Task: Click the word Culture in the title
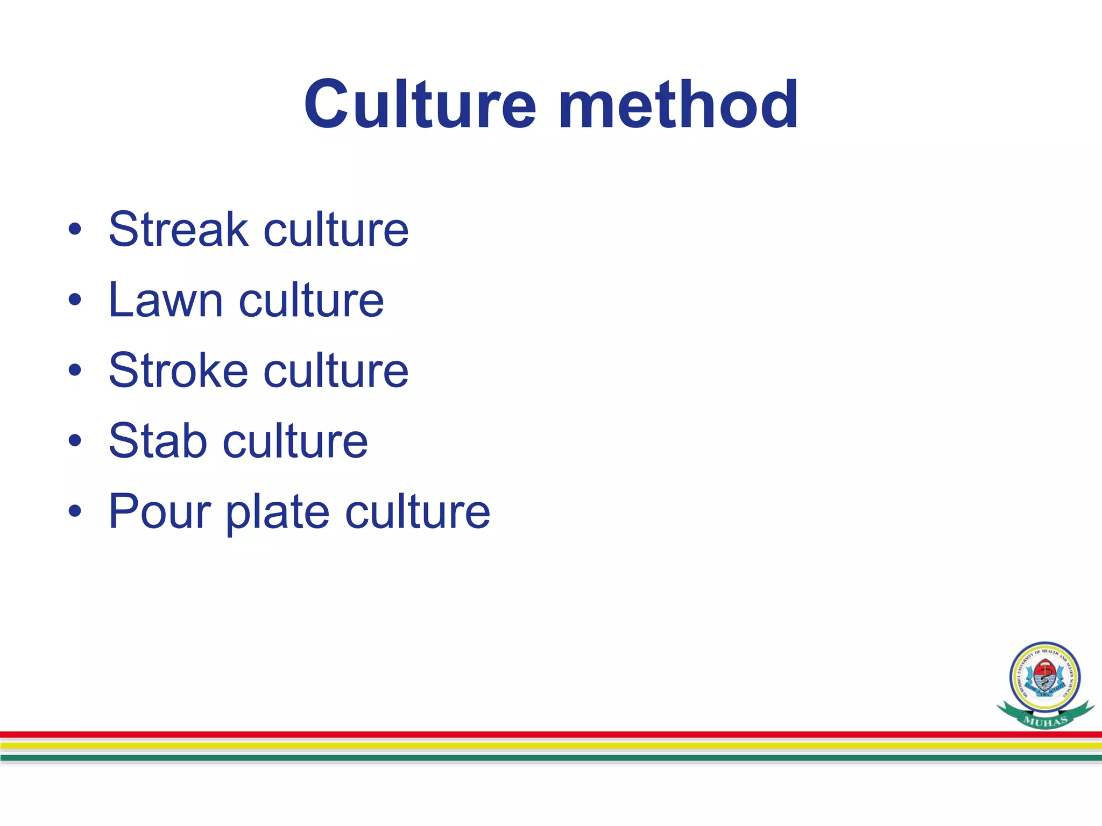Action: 420,104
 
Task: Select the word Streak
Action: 178,230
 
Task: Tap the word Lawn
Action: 165,300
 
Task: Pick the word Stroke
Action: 178,371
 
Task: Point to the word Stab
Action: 158,441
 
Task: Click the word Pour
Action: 159,511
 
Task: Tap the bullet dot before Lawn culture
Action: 75,300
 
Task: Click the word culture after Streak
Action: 336,230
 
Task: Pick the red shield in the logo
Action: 1044,673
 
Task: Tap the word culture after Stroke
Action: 336,371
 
